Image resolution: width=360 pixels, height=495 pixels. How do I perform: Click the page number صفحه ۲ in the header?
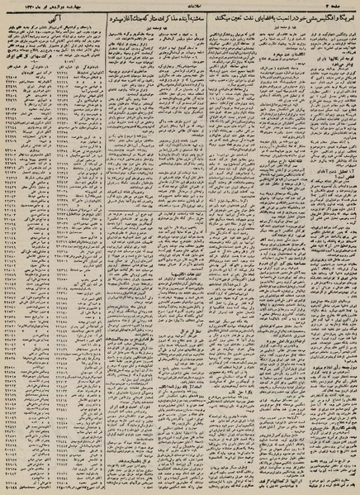[346, 7]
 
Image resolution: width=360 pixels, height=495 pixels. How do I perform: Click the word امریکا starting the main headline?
[348, 17]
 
